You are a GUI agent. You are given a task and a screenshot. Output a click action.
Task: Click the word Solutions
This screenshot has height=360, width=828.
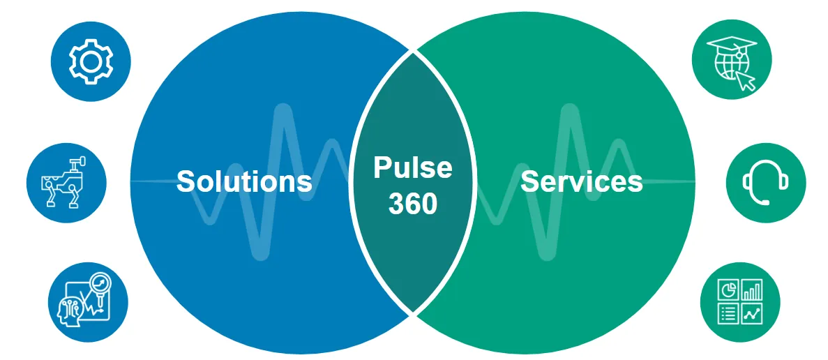[243, 181]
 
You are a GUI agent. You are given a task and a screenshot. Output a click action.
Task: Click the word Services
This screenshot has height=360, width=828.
[581, 181]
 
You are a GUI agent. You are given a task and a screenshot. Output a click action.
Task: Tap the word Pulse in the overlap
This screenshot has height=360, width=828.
[412, 168]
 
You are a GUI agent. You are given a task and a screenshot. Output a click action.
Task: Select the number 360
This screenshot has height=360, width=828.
[412, 203]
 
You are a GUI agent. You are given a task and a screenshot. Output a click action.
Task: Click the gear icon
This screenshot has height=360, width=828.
[90, 61]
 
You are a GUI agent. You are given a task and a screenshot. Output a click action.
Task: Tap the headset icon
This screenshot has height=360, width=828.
[765, 182]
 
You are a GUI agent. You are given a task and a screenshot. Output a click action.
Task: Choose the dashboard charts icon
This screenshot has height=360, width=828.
[740, 301]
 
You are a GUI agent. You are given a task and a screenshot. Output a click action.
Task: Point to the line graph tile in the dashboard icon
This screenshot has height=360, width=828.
[752, 314]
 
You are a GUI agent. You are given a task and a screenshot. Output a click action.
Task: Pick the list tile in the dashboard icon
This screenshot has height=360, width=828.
[729, 314]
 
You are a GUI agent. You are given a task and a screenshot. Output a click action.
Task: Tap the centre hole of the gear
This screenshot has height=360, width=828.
[90, 61]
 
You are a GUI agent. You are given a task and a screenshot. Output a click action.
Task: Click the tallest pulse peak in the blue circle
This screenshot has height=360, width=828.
[282, 112]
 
